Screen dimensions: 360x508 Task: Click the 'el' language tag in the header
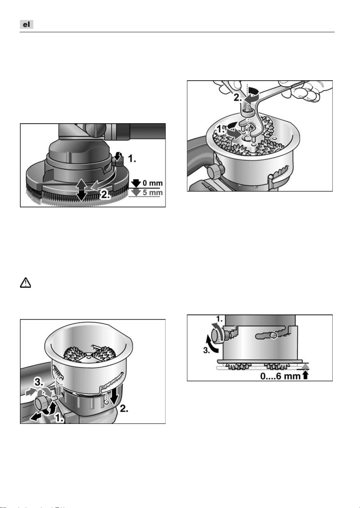(27, 25)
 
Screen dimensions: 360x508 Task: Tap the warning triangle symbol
(25, 283)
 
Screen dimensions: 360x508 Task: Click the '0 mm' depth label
(153, 183)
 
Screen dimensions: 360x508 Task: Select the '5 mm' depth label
(153, 192)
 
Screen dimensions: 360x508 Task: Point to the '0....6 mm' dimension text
(280, 376)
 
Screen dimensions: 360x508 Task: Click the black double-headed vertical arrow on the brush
(81, 190)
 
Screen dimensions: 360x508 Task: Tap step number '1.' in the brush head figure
(132, 159)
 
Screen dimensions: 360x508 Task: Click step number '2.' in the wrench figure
(238, 98)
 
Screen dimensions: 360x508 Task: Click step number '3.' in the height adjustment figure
(207, 351)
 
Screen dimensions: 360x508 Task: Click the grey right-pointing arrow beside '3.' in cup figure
(30, 392)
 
